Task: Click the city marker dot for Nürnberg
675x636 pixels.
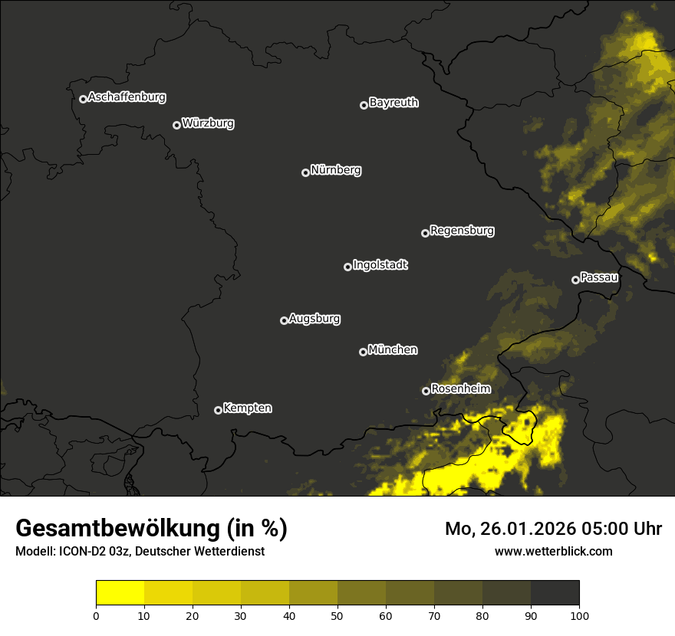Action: coord(305,172)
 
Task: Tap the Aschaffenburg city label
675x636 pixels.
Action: coord(127,97)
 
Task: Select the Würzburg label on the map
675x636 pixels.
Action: coord(208,123)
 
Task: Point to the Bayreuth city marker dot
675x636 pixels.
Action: coord(364,105)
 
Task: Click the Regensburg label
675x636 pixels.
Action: coord(462,231)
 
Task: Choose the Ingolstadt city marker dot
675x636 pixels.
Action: coord(347,267)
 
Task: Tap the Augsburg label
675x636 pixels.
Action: coord(314,319)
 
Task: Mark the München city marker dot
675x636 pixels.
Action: coord(363,352)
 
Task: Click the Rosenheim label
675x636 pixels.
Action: coord(460,389)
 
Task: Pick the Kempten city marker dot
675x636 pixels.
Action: coord(218,410)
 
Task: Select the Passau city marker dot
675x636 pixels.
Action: coord(575,280)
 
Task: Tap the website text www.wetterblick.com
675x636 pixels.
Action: coord(554,551)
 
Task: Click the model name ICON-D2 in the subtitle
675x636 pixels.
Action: coord(84,552)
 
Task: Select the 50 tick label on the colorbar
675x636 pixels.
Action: coord(337,615)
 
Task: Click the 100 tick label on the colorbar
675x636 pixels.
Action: coord(579,615)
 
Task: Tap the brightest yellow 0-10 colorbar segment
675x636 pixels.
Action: coord(120,593)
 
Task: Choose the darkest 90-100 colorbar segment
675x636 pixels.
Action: coord(555,593)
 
